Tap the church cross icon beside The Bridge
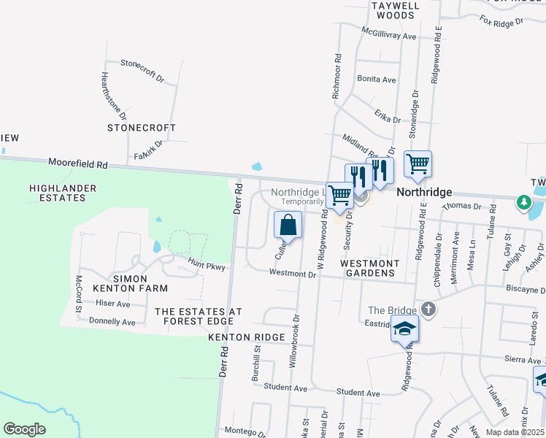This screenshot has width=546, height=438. click(x=428, y=310)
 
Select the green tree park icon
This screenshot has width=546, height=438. click(x=523, y=201)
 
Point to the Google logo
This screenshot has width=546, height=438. click(x=24, y=429)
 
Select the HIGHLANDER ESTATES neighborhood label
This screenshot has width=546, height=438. click(x=63, y=193)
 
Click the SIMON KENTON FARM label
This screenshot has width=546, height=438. click(x=120, y=284)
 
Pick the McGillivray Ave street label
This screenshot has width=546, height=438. click(x=389, y=34)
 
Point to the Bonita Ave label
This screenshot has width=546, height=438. click(x=376, y=79)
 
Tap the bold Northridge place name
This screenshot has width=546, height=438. click(x=424, y=191)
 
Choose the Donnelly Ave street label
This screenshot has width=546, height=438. click(x=112, y=321)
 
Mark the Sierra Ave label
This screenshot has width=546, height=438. click(x=523, y=359)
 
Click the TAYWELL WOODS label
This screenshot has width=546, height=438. click(x=395, y=9)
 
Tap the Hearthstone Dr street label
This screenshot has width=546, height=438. click(x=114, y=96)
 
